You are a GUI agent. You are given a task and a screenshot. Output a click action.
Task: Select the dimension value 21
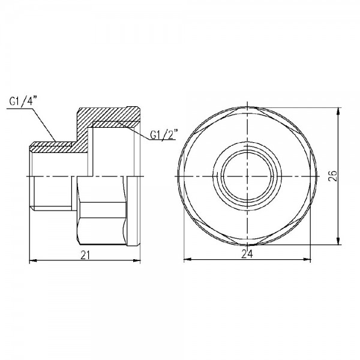pyautogui.click(x=85, y=256)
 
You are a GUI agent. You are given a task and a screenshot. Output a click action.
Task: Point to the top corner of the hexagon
pyautogui.click(x=247, y=109)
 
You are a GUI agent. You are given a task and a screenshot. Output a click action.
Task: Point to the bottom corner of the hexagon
pyautogui.click(x=247, y=245)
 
